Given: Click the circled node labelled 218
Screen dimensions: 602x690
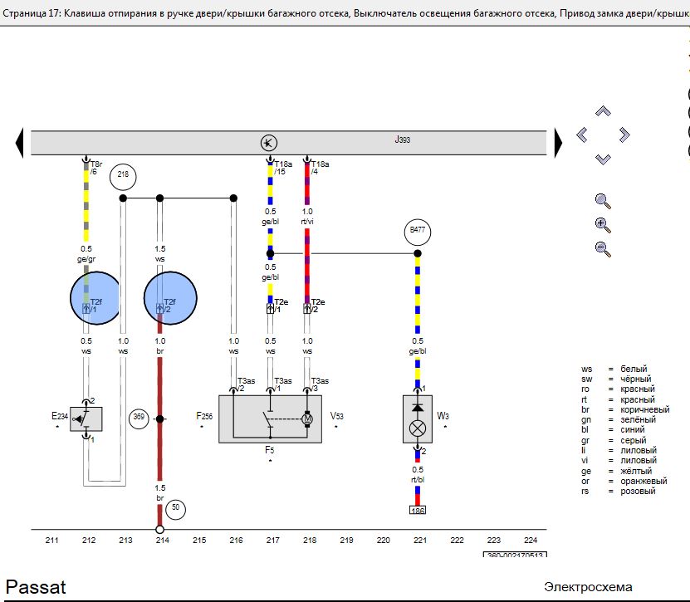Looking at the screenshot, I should coord(123,175).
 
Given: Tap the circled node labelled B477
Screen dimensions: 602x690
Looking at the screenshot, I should coord(417,231).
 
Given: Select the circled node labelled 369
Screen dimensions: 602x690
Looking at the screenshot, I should coord(139,418).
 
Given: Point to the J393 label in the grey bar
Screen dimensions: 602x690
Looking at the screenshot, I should coord(402,140).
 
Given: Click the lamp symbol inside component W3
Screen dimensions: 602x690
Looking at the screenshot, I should coord(418,429).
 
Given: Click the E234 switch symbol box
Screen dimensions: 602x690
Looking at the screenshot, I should coord(86,418).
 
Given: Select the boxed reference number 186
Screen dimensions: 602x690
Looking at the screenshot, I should coord(417,511).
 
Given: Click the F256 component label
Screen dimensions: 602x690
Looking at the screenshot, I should coord(204,417).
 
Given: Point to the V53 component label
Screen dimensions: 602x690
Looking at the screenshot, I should coord(336,415).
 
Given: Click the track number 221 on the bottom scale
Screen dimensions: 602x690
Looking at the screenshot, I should coord(420,541).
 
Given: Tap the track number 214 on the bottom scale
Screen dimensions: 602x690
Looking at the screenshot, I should coord(162,541).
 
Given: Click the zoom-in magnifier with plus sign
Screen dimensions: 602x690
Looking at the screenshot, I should coord(603,224).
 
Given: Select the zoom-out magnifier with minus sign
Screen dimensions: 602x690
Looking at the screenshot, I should coord(603,247).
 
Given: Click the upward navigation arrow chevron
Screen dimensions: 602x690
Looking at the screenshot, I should coord(604,111).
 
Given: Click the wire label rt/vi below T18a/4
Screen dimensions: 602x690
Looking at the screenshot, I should coord(307,222).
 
